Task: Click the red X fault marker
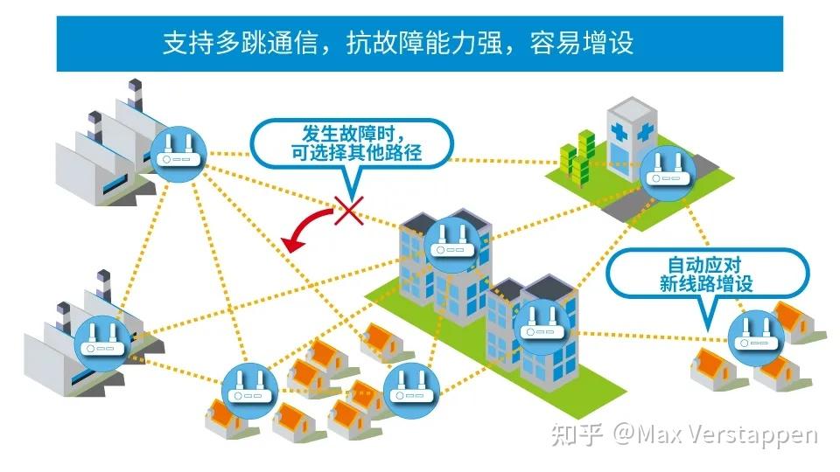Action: [x=349, y=209]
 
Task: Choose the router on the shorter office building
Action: [x=543, y=323]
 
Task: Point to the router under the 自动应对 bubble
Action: [x=752, y=336]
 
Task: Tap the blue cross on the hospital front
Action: [x=646, y=135]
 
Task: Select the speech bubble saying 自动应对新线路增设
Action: [x=705, y=274]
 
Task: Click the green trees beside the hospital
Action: [x=580, y=156]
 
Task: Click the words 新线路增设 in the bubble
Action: [x=705, y=284]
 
